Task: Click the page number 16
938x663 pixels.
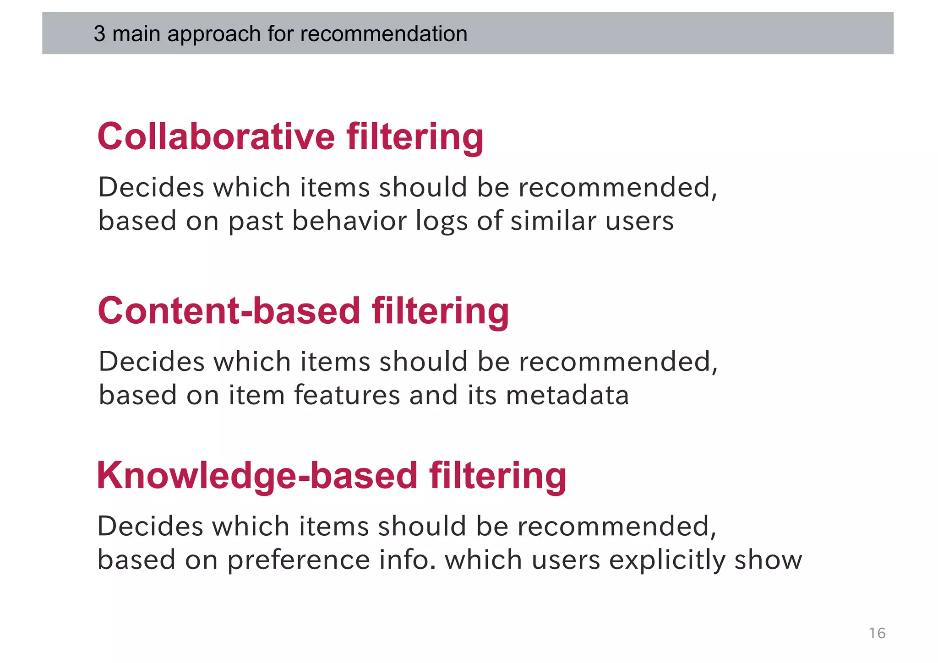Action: pyautogui.click(x=877, y=633)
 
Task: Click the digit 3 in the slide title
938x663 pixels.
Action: pyautogui.click(x=99, y=34)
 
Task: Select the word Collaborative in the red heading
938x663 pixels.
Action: pyautogui.click(x=216, y=137)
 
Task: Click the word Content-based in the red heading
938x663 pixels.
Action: pyautogui.click(x=229, y=311)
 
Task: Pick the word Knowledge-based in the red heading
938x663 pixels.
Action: pyautogui.click(x=257, y=476)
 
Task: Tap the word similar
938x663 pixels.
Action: pyautogui.click(x=554, y=221)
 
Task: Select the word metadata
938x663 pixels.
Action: pyautogui.click(x=567, y=395)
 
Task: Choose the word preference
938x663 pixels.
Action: pyautogui.click(x=298, y=560)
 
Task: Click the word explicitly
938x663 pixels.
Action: pyautogui.click(x=667, y=560)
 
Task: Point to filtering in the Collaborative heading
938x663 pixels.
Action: pyautogui.click(x=415, y=137)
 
